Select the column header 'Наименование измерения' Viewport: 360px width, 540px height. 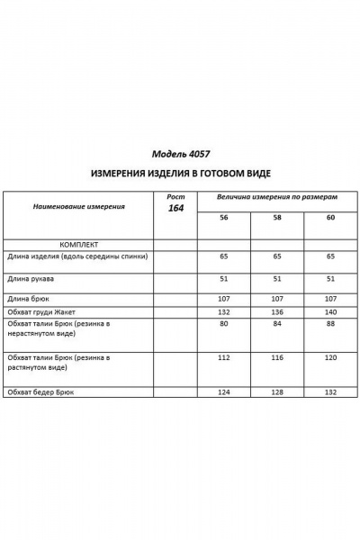[79, 207]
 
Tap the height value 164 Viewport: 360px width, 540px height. [175, 209]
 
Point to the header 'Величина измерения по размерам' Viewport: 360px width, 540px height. [277, 195]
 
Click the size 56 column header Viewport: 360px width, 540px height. [223, 218]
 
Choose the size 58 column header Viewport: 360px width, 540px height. [277, 218]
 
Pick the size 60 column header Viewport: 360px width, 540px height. [330, 218]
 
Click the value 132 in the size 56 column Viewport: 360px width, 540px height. [223, 310]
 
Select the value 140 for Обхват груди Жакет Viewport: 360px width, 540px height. [330, 310]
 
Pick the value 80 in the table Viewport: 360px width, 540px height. [223, 325]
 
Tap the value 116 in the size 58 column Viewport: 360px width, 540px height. [277, 357]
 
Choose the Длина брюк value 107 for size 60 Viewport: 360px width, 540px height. [330, 298]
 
